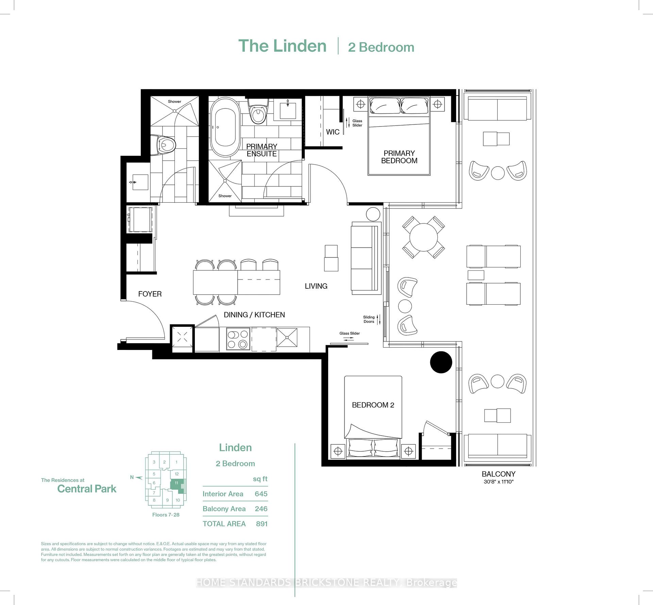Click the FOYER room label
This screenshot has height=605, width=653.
150,294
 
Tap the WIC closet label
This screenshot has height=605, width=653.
333,132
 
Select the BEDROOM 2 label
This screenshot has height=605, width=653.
373,405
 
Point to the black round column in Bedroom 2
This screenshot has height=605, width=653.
441,362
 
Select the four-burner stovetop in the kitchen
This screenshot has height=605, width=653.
238,339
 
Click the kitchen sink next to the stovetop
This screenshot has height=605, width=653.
287,338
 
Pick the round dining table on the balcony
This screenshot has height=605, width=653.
423,237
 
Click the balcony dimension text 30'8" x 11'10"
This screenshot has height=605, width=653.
499,482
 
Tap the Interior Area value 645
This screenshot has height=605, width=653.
261,494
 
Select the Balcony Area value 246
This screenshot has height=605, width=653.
261,509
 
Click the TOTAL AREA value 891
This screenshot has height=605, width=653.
262,524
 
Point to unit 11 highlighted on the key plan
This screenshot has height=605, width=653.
177,484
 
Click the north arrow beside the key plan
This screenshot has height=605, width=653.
138,477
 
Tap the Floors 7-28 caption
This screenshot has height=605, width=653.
166,515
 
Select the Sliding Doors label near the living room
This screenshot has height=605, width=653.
369,319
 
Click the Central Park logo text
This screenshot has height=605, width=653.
87,489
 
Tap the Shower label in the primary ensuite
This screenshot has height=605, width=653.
225,196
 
